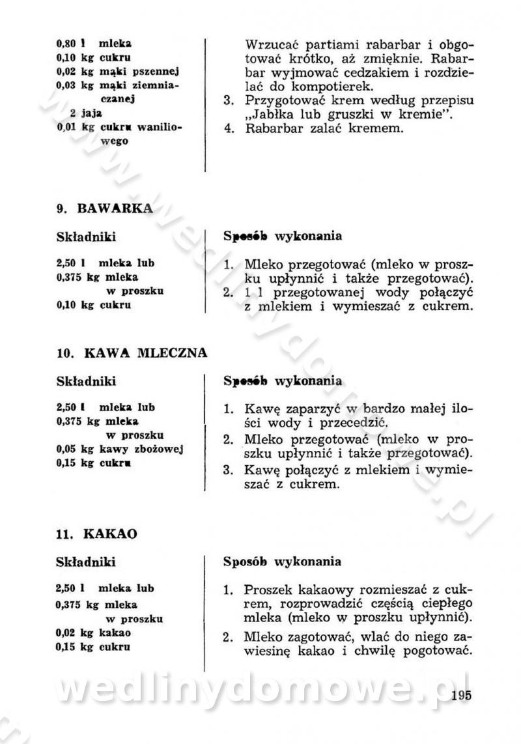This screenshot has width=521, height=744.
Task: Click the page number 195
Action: point(460,695)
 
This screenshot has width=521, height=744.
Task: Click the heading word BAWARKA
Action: point(115,208)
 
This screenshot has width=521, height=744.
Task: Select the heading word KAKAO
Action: point(110,534)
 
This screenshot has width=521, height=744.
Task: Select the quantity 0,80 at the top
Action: point(66,44)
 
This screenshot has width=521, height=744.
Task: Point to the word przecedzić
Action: point(355,423)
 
